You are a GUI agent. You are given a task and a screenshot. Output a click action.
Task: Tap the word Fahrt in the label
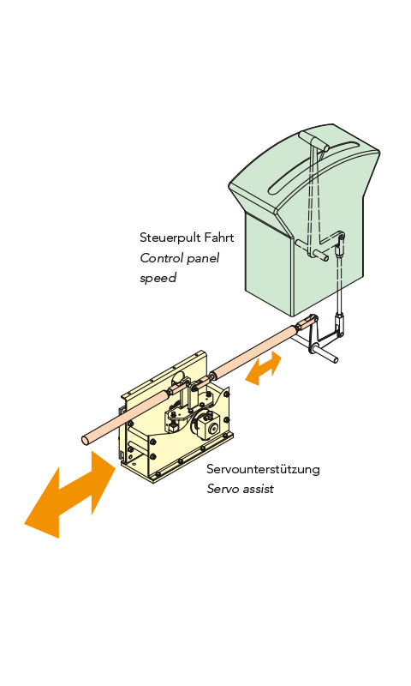220,238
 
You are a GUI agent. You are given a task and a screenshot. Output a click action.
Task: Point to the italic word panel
203,259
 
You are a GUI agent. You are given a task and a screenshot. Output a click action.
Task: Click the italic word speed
158,278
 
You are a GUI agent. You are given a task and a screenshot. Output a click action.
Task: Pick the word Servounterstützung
263,469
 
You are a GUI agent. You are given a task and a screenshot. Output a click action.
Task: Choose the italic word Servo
222,489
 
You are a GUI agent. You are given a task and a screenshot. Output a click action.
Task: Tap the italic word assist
257,489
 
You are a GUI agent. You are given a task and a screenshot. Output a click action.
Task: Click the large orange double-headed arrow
70,495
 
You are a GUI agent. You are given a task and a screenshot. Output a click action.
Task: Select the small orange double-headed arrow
264,368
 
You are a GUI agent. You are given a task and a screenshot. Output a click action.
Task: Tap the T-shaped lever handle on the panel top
314,140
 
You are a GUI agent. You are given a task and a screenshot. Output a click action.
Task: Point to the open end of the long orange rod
86,440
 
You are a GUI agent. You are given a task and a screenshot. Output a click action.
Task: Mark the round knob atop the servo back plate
180,376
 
